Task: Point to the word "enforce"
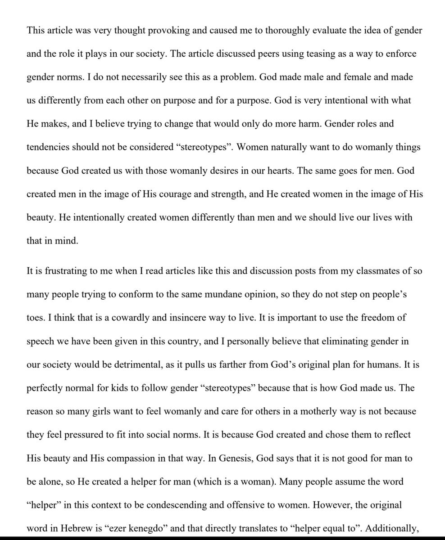pyautogui.click(x=390, y=54)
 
